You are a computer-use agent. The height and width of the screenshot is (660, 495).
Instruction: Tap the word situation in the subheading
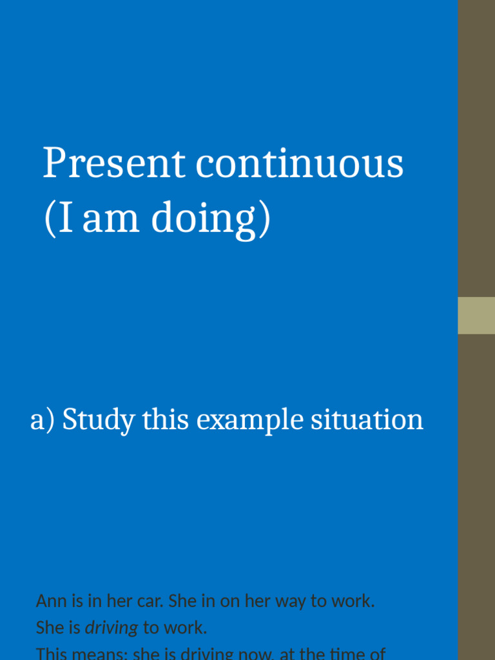pyautogui.click(x=367, y=420)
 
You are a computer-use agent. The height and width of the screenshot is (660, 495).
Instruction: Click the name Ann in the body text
pyautogui.click(x=52, y=601)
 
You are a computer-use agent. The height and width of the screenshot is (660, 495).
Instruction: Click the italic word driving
pyautogui.click(x=112, y=628)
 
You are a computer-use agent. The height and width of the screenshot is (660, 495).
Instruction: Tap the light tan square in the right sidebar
pyautogui.click(x=476, y=315)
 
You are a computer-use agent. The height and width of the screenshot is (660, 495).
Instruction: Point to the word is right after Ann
pyautogui.click(x=77, y=601)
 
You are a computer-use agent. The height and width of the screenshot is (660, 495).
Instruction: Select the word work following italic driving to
pyautogui.click(x=185, y=628)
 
